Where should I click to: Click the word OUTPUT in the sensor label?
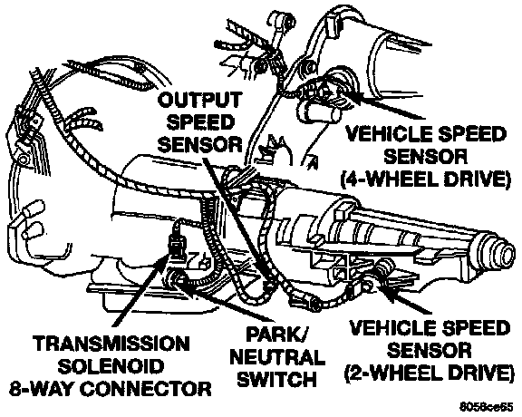[x=199, y=100]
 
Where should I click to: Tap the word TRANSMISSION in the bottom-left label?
[x=112, y=344]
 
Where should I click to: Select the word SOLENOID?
[x=111, y=366]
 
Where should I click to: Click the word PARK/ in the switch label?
[x=277, y=335]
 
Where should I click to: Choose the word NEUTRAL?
[x=277, y=357]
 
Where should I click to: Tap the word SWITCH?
[x=277, y=379]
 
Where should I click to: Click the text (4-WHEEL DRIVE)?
[x=425, y=179]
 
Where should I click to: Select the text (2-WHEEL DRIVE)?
[x=427, y=372]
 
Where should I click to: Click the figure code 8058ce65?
[x=487, y=407]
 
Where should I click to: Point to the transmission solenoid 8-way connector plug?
[x=176, y=246]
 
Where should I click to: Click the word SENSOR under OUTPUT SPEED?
[x=199, y=144]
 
